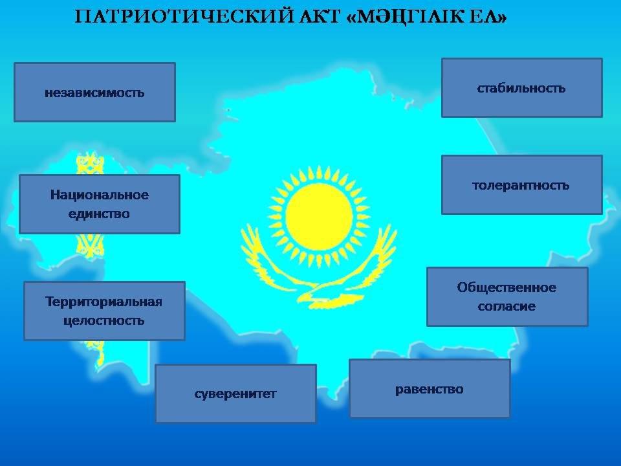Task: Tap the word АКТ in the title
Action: point(320,17)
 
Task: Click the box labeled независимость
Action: point(94,92)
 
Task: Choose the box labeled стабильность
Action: point(522,87)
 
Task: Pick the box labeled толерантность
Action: point(522,184)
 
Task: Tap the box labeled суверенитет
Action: point(235,394)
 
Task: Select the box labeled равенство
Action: point(430,388)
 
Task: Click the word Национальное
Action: point(100,195)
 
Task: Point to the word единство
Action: point(99,214)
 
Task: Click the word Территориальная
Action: point(103,302)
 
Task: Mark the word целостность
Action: point(103,320)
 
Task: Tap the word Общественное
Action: point(507,287)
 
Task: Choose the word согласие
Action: point(507,306)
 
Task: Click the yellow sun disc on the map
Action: point(319,217)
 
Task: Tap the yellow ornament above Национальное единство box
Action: point(90,162)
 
